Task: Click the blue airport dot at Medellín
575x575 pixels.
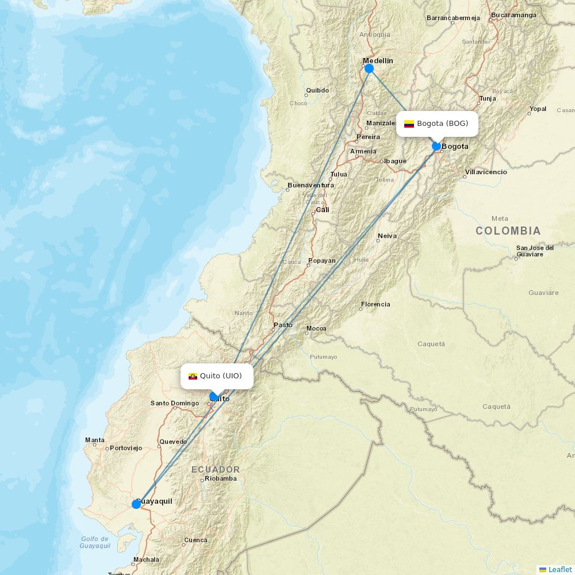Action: tap(369, 68)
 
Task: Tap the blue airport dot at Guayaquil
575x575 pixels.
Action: tap(136, 504)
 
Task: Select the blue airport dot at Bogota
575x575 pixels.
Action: tap(436, 146)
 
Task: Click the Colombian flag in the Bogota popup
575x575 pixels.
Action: tap(409, 124)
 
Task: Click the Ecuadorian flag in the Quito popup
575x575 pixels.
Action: tap(193, 376)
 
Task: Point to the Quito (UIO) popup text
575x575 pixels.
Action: tap(221, 376)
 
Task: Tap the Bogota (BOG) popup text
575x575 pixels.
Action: tap(442, 124)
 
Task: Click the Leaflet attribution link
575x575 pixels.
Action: tap(559, 569)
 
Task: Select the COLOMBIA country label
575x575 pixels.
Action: tap(508, 231)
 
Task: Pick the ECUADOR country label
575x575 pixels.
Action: tap(216, 470)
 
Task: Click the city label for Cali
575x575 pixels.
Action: tap(323, 210)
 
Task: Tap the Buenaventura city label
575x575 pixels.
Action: tap(310, 185)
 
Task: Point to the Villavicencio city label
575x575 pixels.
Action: tap(486, 172)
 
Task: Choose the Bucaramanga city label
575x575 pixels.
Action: tap(513, 15)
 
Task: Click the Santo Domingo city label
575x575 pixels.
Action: tap(175, 403)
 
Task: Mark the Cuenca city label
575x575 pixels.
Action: tap(195, 540)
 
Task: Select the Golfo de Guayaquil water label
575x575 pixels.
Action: tap(95, 542)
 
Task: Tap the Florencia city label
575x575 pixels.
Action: tap(375, 304)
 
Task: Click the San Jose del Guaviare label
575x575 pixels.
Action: tap(535, 251)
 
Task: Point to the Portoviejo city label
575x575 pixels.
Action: tap(125, 448)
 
